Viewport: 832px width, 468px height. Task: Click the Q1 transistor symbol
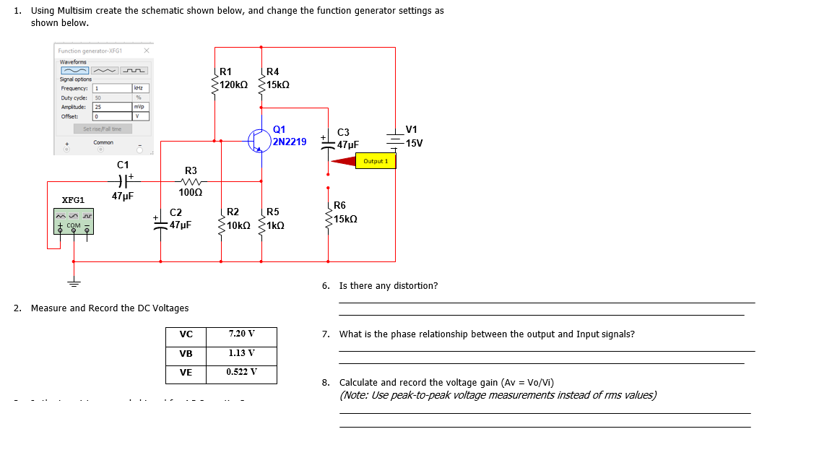pyautogui.click(x=259, y=141)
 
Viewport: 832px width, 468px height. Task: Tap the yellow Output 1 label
pyautogui.click(x=376, y=161)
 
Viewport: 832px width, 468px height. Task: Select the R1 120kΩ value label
pyautogui.click(x=233, y=84)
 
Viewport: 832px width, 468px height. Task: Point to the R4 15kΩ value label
pyautogui.click(x=278, y=84)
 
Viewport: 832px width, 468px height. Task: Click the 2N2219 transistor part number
pyautogui.click(x=290, y=142)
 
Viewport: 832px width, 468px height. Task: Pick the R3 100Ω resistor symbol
pyautogui.click(x=191, y=181)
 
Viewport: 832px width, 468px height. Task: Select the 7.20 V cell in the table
pyautogui.click(x=241, y=334)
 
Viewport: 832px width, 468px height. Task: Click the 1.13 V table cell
pyautogui.click(x=241, y=353)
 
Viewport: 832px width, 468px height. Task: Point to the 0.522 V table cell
pyautogui.click(x=241, y=372)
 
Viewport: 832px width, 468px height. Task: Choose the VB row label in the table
pyautogui.click(x=186, y=354)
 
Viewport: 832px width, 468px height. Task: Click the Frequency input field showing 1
pyautogui.click(x=112, y=88)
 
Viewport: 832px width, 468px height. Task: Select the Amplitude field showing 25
pyautogui.click(x=112, y=107)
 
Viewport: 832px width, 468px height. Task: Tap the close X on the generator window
pyautogui.click(x=147, y=51)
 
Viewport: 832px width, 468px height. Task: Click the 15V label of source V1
pyautogui.click(x=415, y=143)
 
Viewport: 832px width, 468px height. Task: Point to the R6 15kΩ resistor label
pyautogui.click(x=346, y=219)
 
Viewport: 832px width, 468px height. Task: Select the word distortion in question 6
pyautogui.click(x=415, y=286)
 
